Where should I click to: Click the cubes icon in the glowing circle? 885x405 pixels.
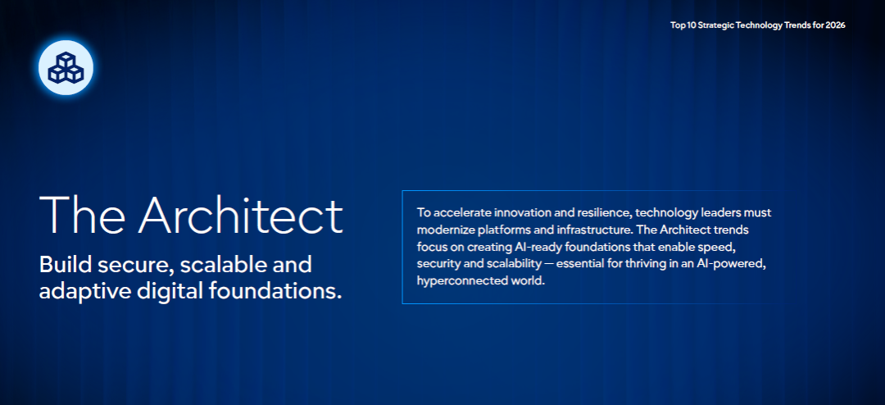[66, 67]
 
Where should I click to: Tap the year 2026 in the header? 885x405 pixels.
[835, 25]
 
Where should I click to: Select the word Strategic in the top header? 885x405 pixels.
[715, 25]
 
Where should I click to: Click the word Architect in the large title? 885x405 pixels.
[240, 216]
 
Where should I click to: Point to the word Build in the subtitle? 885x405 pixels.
[61, 264]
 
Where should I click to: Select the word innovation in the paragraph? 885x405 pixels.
[512, 213]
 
